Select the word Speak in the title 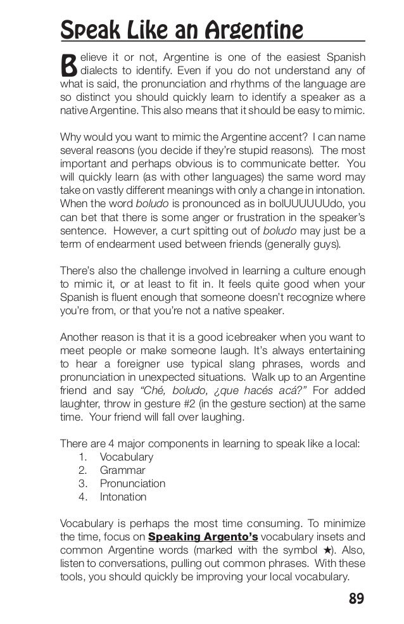[x=87, y=29]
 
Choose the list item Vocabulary [x=127, y=457]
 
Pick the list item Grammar [x=122, y=470]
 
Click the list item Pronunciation [x=132, y=483]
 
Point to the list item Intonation [x=123, y=497]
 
